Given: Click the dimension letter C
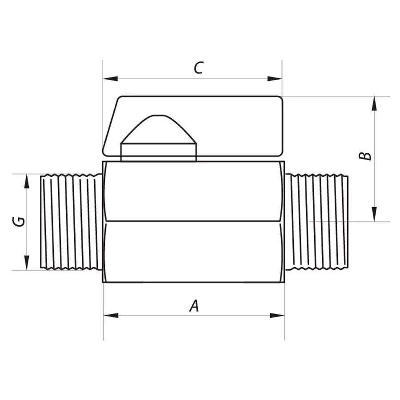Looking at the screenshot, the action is [199, 68].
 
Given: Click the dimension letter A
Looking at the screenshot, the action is [194, 306].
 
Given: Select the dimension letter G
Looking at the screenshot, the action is [19, 221].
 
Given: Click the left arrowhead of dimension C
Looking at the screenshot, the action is [111, 79].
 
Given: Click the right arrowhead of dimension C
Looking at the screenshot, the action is [275, 79].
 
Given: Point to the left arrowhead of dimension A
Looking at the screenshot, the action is [111, 316].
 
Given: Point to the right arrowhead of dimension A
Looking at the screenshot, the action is [277, 316].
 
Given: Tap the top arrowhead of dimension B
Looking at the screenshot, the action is [374, 104].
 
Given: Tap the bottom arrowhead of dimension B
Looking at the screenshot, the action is [374, 214].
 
